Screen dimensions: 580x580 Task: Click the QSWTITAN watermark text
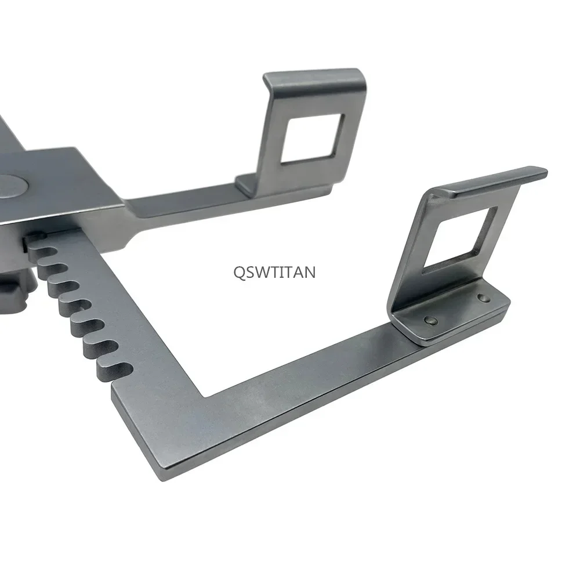pos(274,272)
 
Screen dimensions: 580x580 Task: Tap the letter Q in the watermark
pos(240,273)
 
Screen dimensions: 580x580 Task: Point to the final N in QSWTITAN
pos(310,272)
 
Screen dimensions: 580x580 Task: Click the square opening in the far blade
pos(313,138)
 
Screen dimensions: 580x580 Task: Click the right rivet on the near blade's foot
pos(482,297)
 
